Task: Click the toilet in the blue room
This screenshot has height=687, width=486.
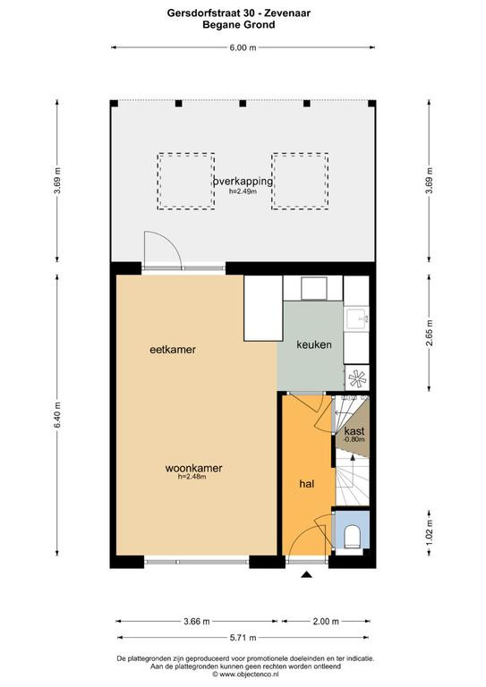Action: (x=353, y=537)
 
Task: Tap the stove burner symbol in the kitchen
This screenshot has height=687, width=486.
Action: (x=357, y=378)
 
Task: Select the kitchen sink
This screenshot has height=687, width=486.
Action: (x=356, y=319)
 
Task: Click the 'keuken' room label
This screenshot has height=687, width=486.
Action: (x=314, y=344)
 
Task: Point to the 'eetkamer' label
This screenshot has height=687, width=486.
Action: (x=173, y=350)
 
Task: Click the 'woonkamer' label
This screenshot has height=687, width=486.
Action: (x=193, y=468)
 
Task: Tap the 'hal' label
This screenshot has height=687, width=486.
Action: (x=307, y=484)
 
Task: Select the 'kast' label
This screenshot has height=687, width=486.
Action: (x=354, y=431)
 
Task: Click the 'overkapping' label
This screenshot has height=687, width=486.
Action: (x=243, y=181)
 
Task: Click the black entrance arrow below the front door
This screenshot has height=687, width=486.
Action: (x=307, y=575)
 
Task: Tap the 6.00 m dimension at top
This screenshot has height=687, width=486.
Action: (x=243, y=47)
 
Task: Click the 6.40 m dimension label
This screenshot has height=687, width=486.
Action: (x=57, y=415)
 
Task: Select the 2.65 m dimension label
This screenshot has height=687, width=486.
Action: (x=430, y=333)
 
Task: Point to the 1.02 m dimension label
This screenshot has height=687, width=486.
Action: (x=430, y=532)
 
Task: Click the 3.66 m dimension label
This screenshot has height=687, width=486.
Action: (x=196, y=621)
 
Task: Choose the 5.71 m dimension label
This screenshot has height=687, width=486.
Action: (x=243, y=638)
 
